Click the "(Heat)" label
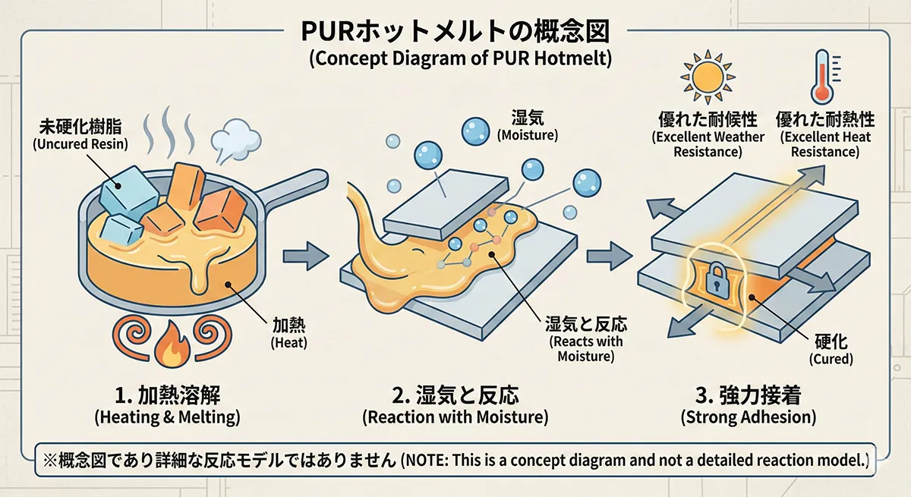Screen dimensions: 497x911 point(292,343)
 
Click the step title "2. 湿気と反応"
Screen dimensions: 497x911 point(455,395)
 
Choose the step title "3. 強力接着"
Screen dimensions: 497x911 point(749,395)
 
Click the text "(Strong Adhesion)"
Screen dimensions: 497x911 point(749,417)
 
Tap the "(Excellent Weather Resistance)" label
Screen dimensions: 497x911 point(708,144)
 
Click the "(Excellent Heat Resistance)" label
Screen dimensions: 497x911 point(825,144)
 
